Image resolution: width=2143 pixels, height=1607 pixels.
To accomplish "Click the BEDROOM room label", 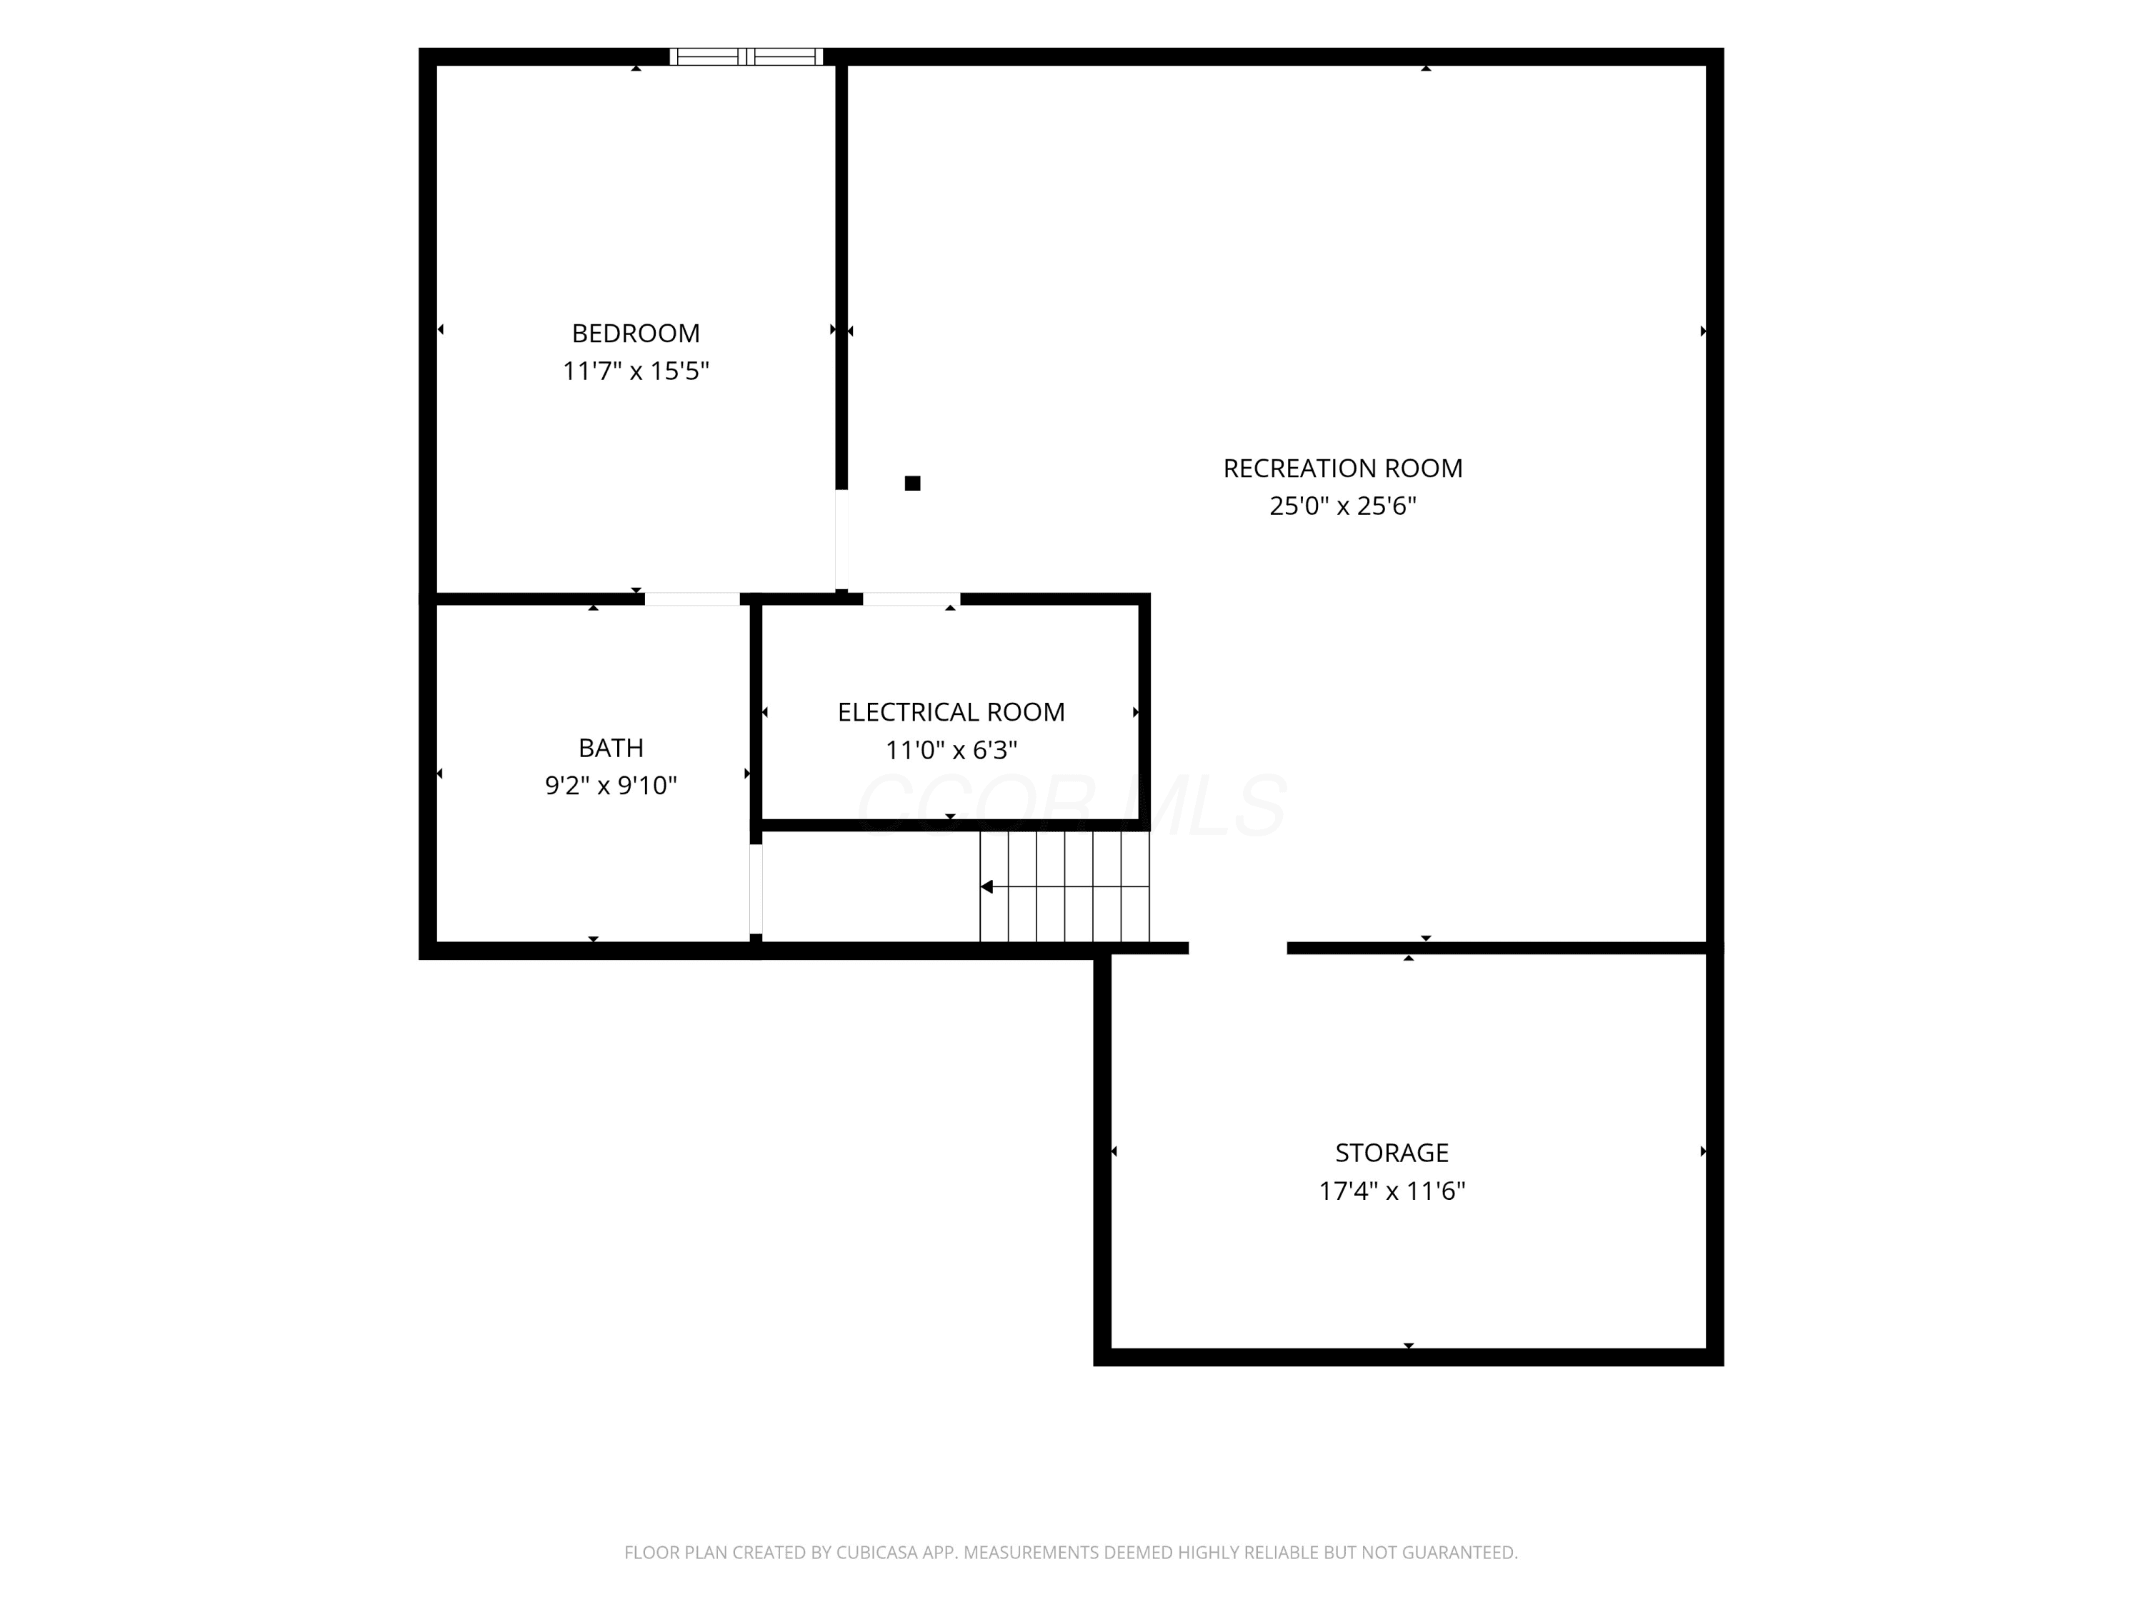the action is [636, 334].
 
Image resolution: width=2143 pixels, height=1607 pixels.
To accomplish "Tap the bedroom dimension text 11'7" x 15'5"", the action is [636, 371].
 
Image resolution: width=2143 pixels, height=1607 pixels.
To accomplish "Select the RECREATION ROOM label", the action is [1343, 469].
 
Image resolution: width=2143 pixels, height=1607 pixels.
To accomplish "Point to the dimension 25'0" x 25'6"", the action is [1343, 506].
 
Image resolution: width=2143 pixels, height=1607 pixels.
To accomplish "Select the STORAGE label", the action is [1392, 1153].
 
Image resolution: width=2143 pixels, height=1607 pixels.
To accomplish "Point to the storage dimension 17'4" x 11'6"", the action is [1392, 1191].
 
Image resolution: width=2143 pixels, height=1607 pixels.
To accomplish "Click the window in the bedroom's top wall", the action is [746, 56].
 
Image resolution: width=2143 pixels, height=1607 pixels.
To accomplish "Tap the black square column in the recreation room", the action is [913, 484].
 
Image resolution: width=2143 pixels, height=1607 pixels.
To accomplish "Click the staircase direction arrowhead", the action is [986, 886].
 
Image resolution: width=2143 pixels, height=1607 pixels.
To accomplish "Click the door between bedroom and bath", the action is [691, 599].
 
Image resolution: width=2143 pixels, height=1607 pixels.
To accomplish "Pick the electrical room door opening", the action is [911, 599].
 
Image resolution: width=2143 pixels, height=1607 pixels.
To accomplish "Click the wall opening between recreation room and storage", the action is [1237, 948].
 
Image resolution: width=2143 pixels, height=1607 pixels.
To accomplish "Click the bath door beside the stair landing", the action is [756, 888].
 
